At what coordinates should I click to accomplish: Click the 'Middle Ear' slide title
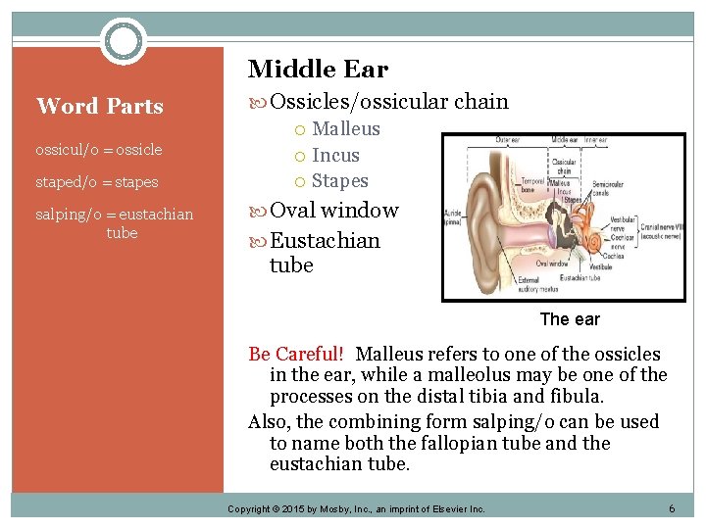318,70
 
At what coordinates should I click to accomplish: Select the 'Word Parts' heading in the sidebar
99,106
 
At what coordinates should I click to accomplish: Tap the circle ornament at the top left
124,41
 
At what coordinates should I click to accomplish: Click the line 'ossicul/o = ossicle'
98,150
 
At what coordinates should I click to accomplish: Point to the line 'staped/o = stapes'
96,182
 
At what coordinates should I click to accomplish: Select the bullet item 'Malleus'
345,129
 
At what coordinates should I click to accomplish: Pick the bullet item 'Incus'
335,156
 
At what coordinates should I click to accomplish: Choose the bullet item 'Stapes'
339,181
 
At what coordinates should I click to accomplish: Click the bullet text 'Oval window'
333,211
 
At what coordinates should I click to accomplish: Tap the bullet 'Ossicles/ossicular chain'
388,101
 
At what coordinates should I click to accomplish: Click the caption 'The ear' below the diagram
570,319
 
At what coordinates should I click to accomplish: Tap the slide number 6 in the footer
672,508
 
